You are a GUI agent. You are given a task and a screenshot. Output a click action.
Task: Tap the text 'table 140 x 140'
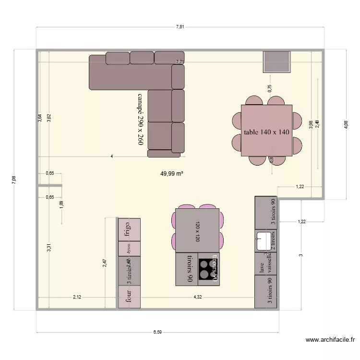click(266, 132)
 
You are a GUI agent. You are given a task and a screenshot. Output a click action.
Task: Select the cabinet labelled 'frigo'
click(129, 229)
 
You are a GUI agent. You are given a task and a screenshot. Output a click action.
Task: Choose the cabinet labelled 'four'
click(129, 297)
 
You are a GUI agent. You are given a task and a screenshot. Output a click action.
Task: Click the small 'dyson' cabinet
click(129, 249)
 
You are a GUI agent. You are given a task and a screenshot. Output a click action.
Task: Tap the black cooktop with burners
click(208, 269)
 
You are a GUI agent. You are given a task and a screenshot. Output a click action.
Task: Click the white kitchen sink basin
click(264, 240)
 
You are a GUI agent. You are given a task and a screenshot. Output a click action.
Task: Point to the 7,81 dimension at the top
click(180, 27)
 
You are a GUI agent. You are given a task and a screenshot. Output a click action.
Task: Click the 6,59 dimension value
click(157, 331)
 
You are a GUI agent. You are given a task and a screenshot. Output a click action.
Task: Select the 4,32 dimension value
click(197, 297)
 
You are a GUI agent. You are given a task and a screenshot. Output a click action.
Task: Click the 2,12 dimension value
click(77, 297)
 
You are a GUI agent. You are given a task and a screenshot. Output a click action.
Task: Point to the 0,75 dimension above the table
click(270, 88)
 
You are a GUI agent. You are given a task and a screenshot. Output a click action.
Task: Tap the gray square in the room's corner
click(277, 61)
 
